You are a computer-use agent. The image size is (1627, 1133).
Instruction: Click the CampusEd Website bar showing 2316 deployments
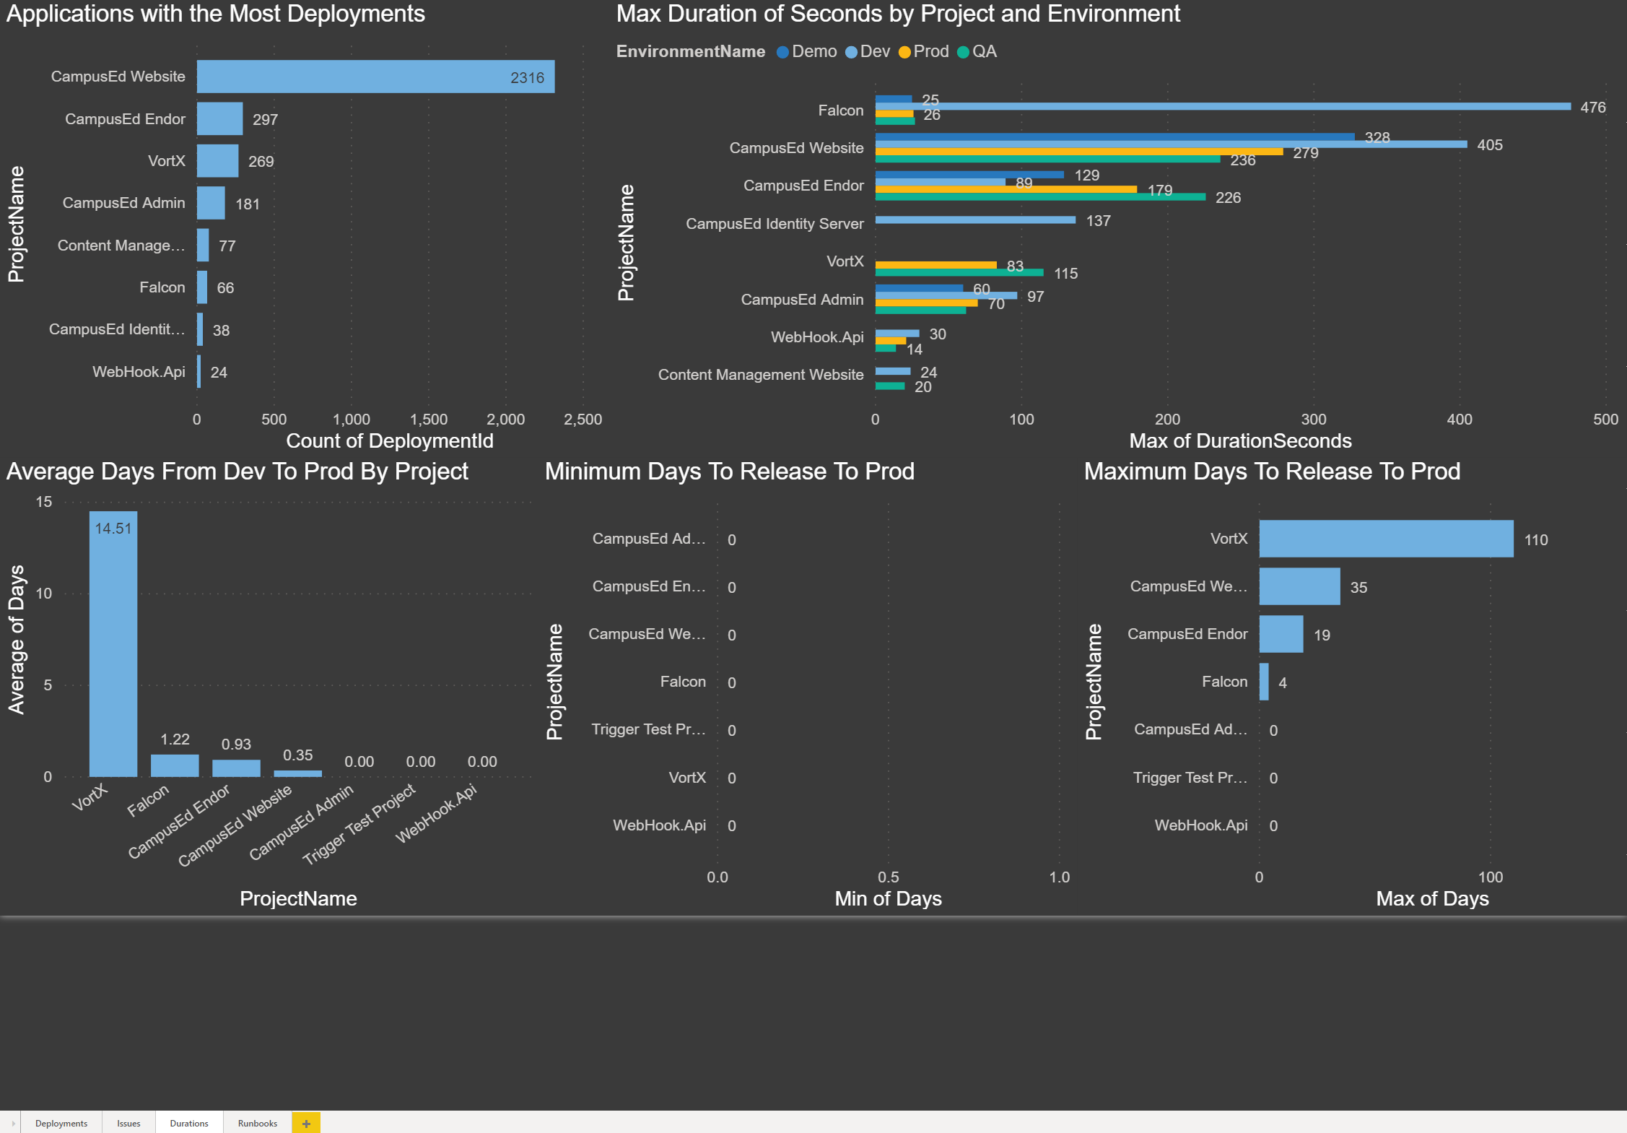(375, 77)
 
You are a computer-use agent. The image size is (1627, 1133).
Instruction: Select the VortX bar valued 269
(217, 161)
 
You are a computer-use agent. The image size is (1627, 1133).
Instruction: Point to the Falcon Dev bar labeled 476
(1222, 106)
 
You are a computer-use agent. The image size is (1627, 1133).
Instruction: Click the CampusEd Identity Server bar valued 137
(975, 220)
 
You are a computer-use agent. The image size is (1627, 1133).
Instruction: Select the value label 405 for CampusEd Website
(1489, 145)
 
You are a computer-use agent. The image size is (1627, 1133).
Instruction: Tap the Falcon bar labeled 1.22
(175, 765)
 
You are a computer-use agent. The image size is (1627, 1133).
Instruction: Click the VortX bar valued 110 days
(1386, 539)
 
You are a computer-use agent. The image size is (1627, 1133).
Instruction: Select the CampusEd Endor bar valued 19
(1281, 634)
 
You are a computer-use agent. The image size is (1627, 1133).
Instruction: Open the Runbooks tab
(258, 1123)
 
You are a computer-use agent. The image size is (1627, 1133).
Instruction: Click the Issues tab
(128, 1123)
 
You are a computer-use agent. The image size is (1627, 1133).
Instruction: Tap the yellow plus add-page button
(306, 1123)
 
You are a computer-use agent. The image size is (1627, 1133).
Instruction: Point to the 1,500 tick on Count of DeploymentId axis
(429, 420)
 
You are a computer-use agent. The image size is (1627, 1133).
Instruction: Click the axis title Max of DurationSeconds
(1240, 440)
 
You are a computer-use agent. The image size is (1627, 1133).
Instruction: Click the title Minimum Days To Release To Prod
(729, 472)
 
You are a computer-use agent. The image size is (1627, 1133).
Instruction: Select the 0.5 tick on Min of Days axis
(889, 877)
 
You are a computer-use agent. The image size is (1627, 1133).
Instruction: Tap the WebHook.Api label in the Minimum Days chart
(659, 825)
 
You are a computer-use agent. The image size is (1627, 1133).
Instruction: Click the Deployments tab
(61, 1123)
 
